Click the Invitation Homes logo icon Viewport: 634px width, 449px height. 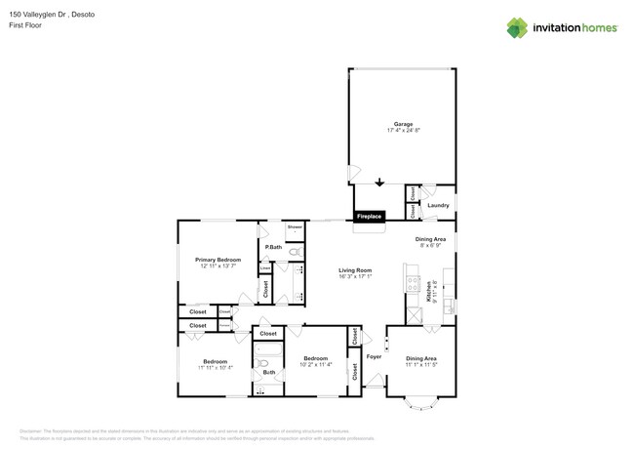click(x=517, y=27)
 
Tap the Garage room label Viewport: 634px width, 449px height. click(x=403, y=124)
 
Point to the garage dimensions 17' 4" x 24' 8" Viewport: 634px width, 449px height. click(x=403, y=132)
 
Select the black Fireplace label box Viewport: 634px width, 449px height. click(x=370, y=217)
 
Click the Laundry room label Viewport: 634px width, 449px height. click(x=438, y=205)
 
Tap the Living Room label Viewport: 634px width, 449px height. click(x=356, y=270)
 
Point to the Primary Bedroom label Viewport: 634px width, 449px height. click(x=218, y=260)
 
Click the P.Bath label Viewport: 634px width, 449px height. click(x=273, y=247)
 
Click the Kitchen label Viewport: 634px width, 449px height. click(x=427, y=289)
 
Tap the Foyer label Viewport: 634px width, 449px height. click(x=374, y=357)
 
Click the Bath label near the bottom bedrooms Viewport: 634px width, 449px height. click(x=268, y=372)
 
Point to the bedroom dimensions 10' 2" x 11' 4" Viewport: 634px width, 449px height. click(x=317, y=365)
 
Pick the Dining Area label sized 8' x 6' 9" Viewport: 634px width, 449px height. click(x=431, y=239)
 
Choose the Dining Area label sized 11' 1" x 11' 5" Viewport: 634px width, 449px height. click(x=421, y=358)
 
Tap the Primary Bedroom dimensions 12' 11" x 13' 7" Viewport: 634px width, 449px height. click(x=218, y=266)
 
